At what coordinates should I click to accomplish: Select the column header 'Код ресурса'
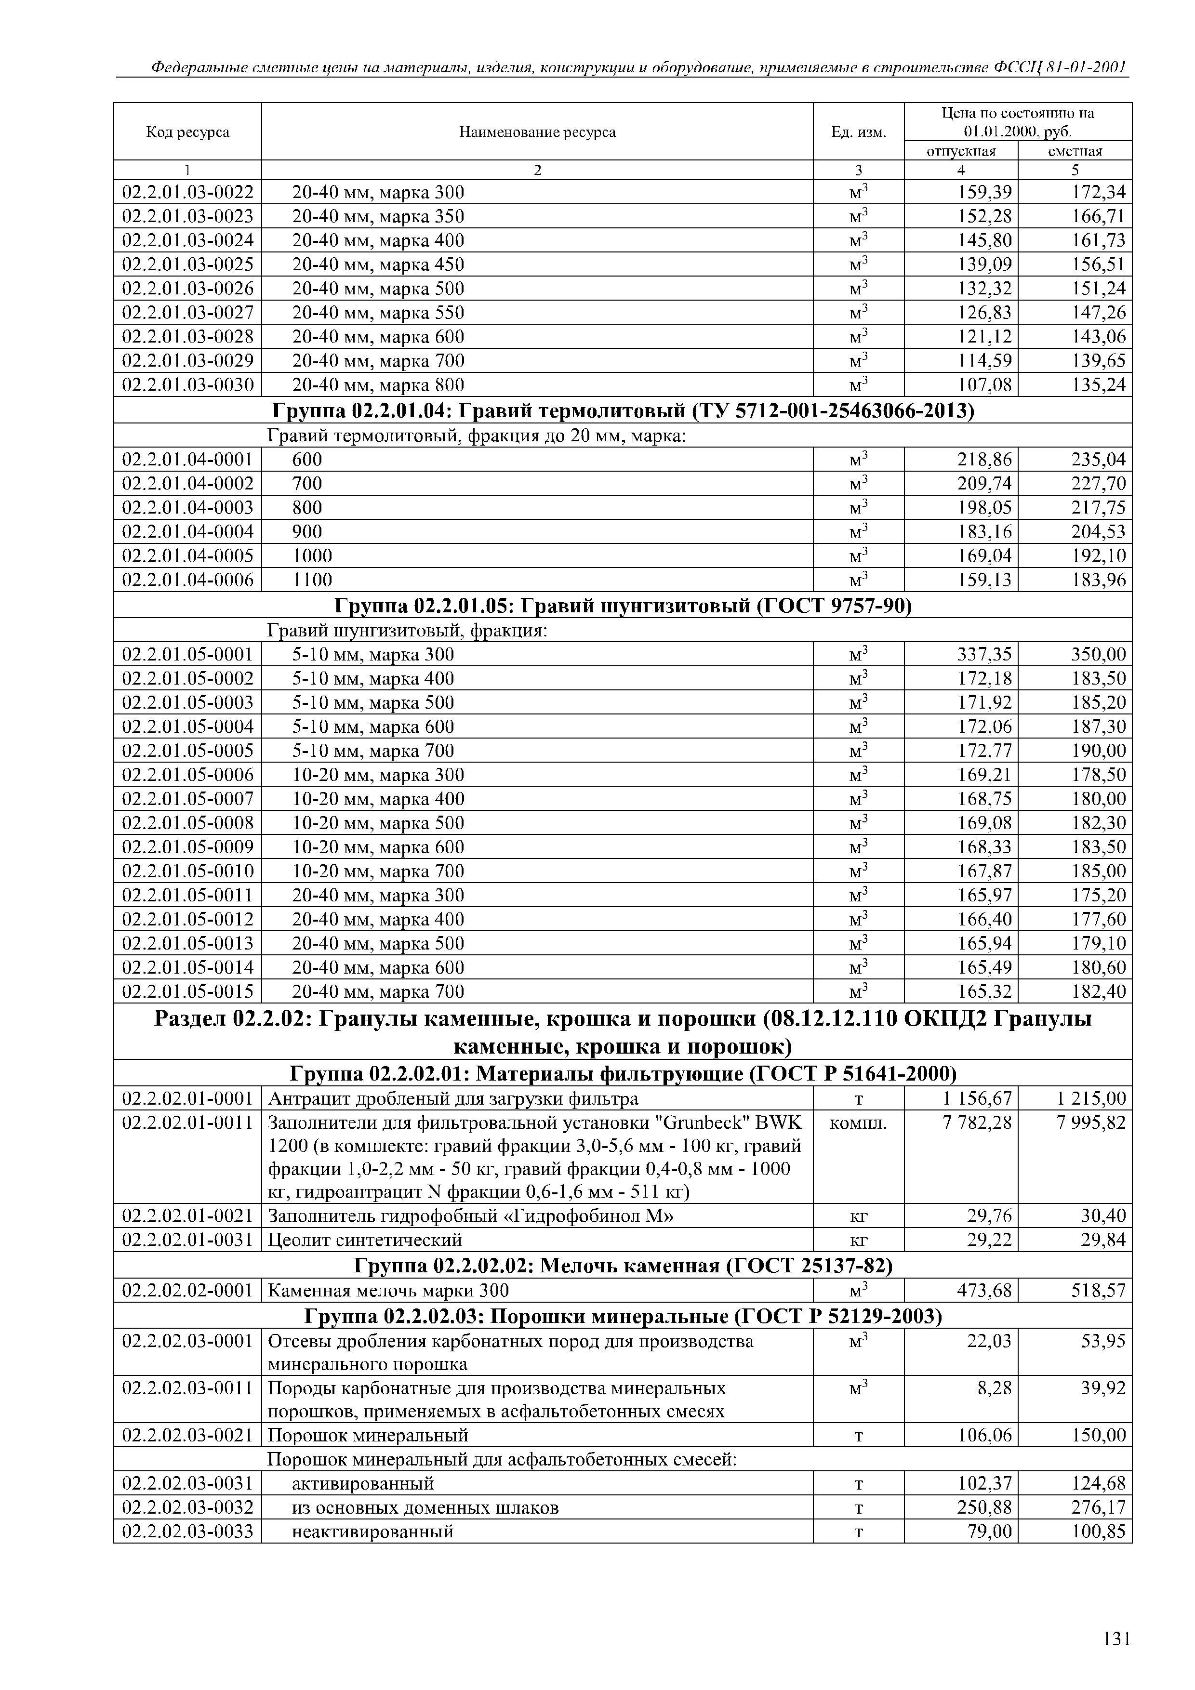point(188,132)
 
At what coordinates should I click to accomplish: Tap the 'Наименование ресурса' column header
point(537,132)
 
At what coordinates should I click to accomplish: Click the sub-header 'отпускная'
point(960,151)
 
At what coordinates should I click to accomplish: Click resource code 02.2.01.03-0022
point(188,192)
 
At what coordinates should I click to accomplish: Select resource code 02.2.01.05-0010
point(188,871)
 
